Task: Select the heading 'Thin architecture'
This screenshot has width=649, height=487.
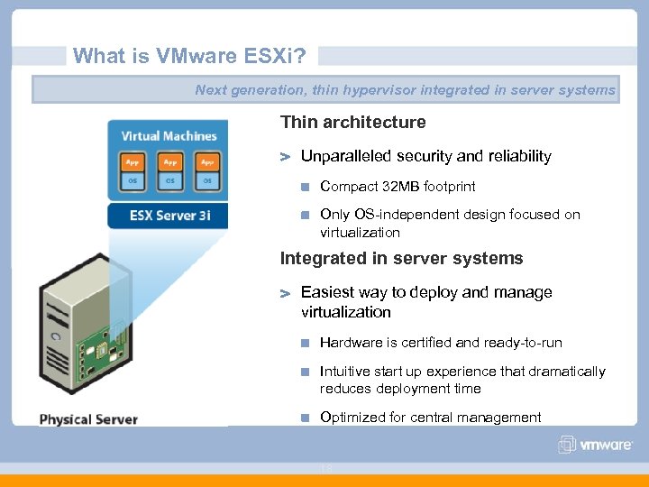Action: point(352,122)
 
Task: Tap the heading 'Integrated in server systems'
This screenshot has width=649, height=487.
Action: point(401,258)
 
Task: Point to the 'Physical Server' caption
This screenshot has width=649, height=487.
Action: point(88,418)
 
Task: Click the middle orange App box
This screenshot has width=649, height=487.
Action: point(169,162)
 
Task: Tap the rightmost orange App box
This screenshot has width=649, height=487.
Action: point(207,162)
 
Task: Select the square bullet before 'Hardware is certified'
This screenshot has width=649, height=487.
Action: point(306,343)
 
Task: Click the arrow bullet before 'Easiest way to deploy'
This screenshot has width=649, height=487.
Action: point(287,293)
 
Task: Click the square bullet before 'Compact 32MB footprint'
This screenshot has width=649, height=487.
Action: point(306,187)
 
